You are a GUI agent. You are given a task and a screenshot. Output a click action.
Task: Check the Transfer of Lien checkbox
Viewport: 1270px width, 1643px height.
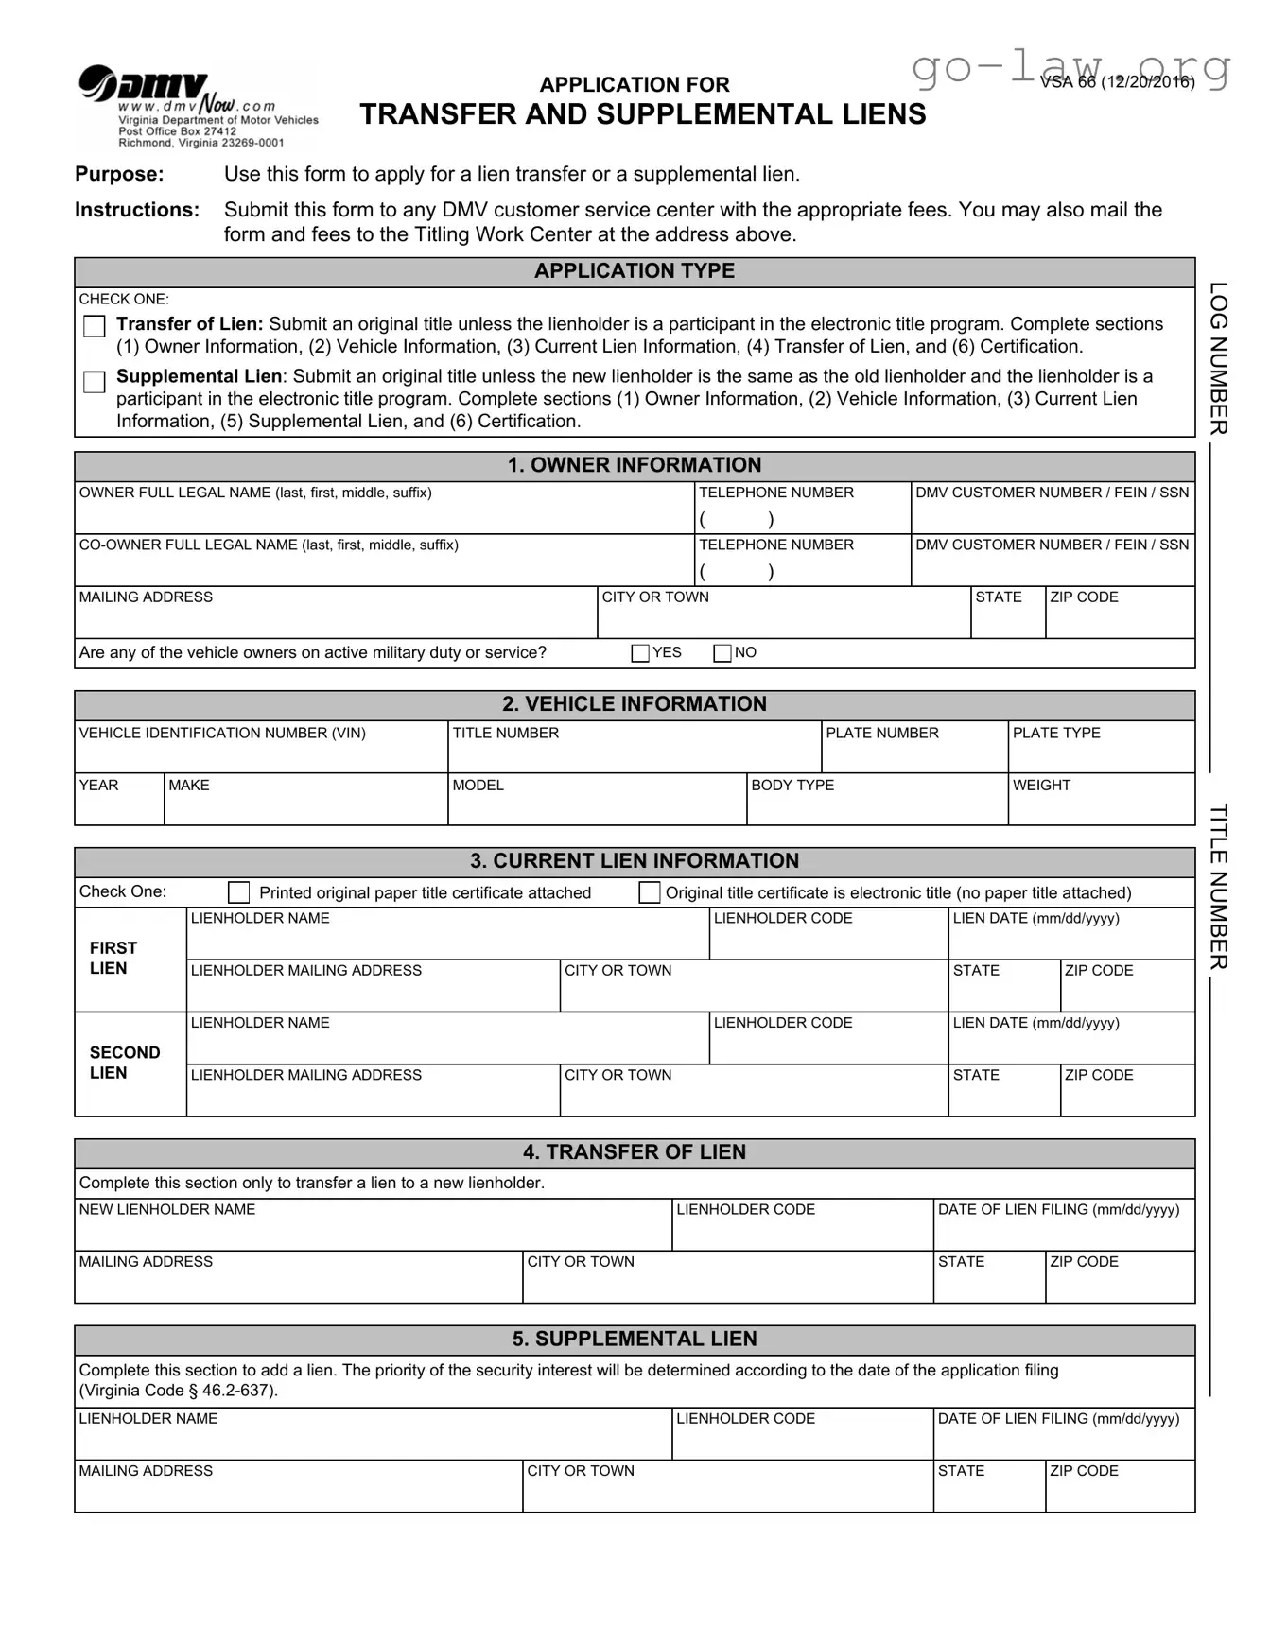pyautogui.click(x=95, y=326)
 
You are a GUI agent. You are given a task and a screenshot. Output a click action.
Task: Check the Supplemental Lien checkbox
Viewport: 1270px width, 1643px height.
pyautogui.click(x=95, y=382)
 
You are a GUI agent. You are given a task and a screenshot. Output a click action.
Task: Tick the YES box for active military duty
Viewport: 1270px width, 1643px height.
pyautogui.click(x=640, y=653)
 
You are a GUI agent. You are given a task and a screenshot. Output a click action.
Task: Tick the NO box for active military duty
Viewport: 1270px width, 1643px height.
pyautogui.click(x=722, y=653)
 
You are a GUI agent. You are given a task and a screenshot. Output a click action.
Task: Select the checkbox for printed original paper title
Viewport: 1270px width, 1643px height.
pyautogui.click(x=239, y=892)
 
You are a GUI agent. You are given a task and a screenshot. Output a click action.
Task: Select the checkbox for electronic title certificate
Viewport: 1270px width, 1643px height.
pyautogui.click(x=650, y=892)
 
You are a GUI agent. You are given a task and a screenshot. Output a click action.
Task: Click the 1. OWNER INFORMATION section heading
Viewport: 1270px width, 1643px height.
pyautogui.click(x=634, y=465)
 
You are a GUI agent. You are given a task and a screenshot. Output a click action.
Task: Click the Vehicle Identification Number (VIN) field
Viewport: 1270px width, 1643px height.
pyautogui.click(x=260, y=754)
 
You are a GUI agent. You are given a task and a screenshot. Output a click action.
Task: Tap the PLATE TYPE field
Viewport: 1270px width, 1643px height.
pyautogui.click(x=1101, y=754)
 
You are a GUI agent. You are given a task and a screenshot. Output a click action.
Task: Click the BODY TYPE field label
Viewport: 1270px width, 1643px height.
pyautogui.click(x=792, y=786)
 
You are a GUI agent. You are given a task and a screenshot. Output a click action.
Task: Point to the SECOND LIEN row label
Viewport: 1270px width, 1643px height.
pyautogui.click(x=124, y=1063)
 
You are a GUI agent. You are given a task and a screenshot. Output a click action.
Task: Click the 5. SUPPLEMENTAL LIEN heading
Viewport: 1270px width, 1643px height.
pyautogui.click(x=634, y=1339)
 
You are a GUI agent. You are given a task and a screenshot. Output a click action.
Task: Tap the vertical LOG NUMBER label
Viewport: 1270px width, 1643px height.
pyautogui.click(x=1219, y=358)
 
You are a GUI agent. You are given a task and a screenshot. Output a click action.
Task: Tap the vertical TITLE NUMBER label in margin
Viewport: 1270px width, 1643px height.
pyautogui.click(x=1219, y=886)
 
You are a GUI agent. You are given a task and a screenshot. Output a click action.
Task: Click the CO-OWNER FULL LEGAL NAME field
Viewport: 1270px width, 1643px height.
pyautogui.click(x=383, y=566)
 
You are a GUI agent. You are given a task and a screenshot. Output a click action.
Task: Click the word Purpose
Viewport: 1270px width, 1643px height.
pyautogui.click(x=119, y=174)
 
